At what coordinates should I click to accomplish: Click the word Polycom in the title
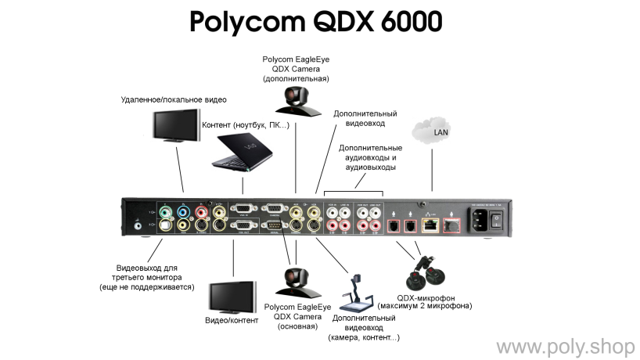tap(249, 23)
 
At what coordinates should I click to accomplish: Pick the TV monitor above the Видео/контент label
tap(232, 296)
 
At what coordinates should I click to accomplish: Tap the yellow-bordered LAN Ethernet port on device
tap(430, 225)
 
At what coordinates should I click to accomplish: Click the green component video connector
tap(165, 211)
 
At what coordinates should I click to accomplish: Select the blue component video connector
tap(184, 211)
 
